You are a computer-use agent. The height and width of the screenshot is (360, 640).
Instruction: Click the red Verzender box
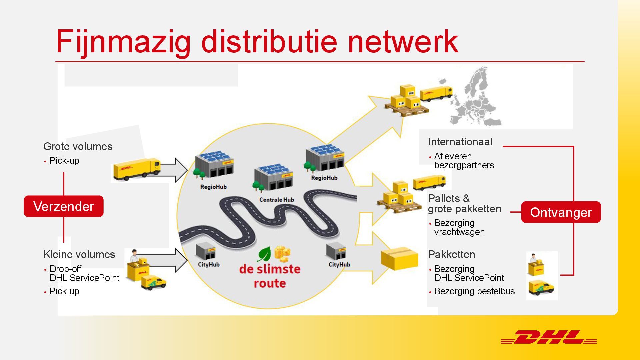tap(64, 206)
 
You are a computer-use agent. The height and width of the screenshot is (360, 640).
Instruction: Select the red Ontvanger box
tap(561, 212)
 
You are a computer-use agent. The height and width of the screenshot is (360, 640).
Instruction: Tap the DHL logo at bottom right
tap(549, 337)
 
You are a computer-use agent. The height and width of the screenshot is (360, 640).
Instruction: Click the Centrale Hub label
tap(277, 200)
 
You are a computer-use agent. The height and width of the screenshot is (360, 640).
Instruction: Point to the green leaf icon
tap(264, 254)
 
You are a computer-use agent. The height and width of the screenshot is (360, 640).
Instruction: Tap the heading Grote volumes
tap(78, 146)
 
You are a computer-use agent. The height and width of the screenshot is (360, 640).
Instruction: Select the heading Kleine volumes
tap(79, 254)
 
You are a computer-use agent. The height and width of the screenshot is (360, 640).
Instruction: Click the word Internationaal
tap(460, 142)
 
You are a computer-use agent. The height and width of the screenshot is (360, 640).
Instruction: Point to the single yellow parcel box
tap(400, 259)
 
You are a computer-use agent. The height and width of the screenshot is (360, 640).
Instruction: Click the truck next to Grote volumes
tap(137, 169)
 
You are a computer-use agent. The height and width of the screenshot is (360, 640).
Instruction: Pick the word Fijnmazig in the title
tap(123, 42)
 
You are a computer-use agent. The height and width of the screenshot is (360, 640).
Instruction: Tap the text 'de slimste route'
tap(270, 276)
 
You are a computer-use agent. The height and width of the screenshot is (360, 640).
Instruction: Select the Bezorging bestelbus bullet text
tap(474, 291)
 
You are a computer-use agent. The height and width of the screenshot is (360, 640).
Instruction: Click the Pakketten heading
tap(451, 254)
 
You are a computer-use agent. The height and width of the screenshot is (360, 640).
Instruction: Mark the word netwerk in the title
tap(403, 42)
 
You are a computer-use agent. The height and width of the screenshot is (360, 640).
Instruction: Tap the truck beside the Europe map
tap(436, 93)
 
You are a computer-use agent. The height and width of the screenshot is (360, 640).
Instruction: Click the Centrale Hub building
tap(274, 178)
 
